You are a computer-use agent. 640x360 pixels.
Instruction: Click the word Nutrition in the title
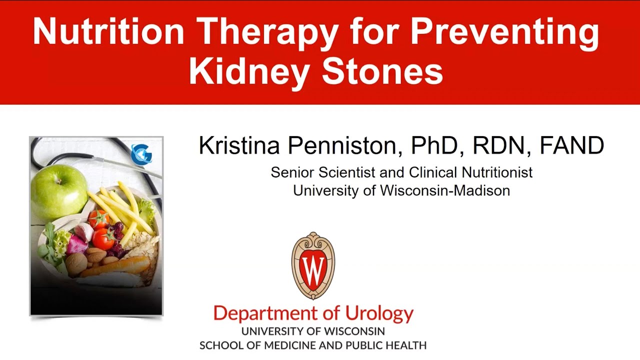pyautogui.click(x=108, y=31)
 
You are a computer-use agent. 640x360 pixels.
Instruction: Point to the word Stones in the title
pyautogui.click(x=382, y=71)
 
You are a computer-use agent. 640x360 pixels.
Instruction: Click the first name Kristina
pyautogui.click(x=239, y=146)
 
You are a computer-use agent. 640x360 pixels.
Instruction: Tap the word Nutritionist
pyautogui.click(x=497, y=172)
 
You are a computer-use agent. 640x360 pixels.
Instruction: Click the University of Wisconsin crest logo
pyautogui.click(x=313, y=265)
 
